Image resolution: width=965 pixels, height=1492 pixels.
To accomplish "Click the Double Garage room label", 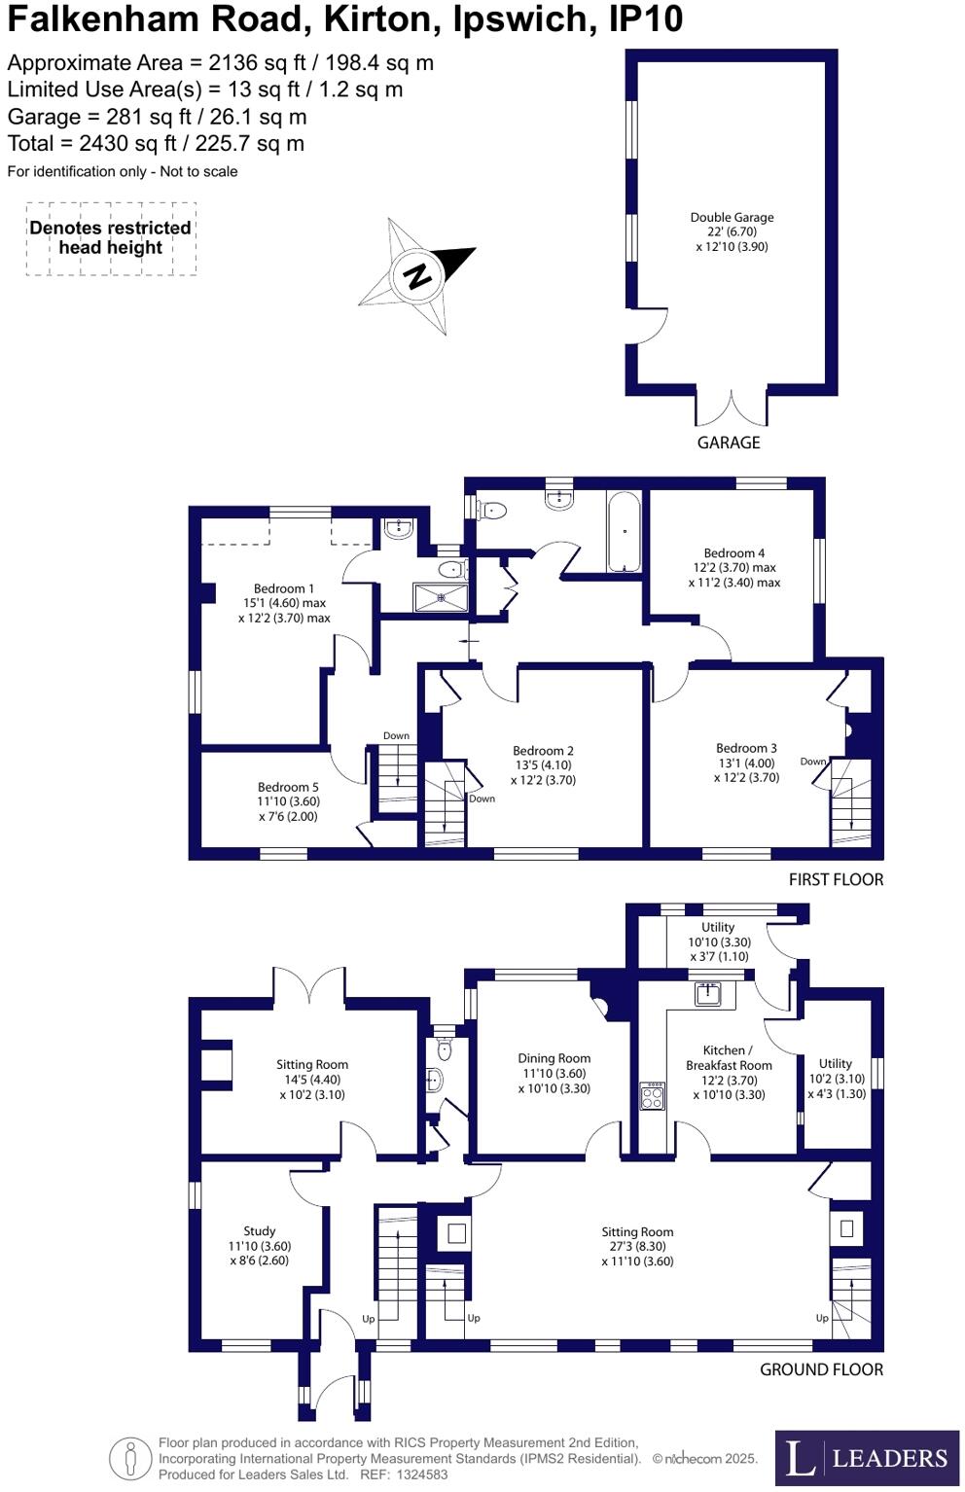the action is pos(732,231).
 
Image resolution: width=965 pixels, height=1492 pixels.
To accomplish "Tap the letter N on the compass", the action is pos(417,275).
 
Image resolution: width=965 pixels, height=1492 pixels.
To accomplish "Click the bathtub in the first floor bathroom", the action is pos(624,532).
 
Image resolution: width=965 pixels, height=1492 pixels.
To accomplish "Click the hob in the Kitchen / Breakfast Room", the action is pos(652,1096).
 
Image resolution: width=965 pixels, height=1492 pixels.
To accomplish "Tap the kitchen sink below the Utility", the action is pos(706,994).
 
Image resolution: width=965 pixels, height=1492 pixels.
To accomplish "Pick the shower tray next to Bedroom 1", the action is pos(441,597).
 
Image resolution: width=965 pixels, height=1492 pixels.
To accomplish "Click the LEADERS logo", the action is pos(867,1458).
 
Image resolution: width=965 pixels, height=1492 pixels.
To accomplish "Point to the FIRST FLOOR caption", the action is pos(836,879).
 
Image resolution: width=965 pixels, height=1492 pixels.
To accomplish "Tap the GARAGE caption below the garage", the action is pos(729,443).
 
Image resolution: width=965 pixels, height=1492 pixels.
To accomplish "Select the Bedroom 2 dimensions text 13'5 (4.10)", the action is pos(543,765).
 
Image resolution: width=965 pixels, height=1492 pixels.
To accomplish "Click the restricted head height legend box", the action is pos(111,238).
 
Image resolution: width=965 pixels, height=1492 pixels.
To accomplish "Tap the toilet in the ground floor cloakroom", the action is pos(445,1049).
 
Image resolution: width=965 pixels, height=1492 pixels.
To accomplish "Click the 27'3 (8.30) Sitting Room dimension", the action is pos(637,1246).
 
